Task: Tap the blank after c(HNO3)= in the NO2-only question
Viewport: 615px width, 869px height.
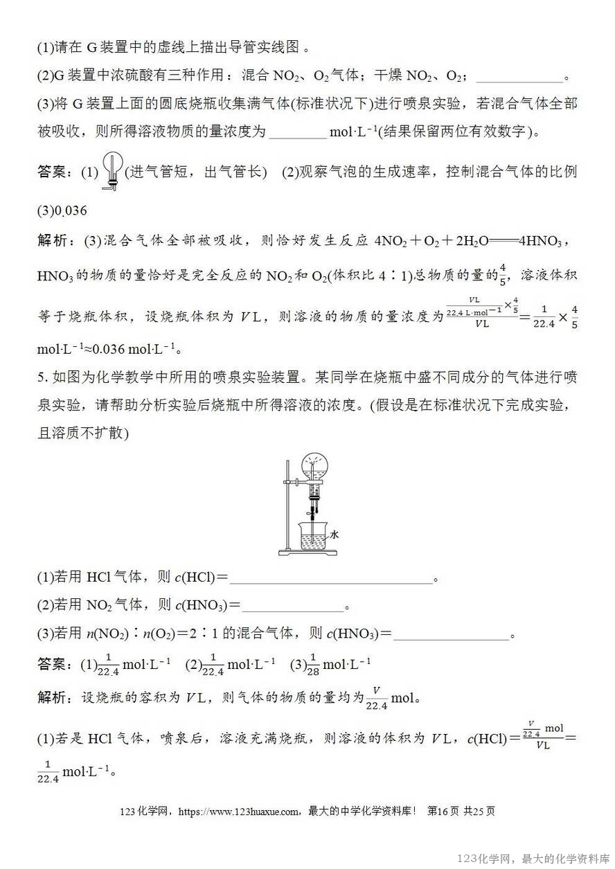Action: (x=293, y=606)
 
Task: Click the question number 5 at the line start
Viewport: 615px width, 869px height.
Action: (x=41, y=378)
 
